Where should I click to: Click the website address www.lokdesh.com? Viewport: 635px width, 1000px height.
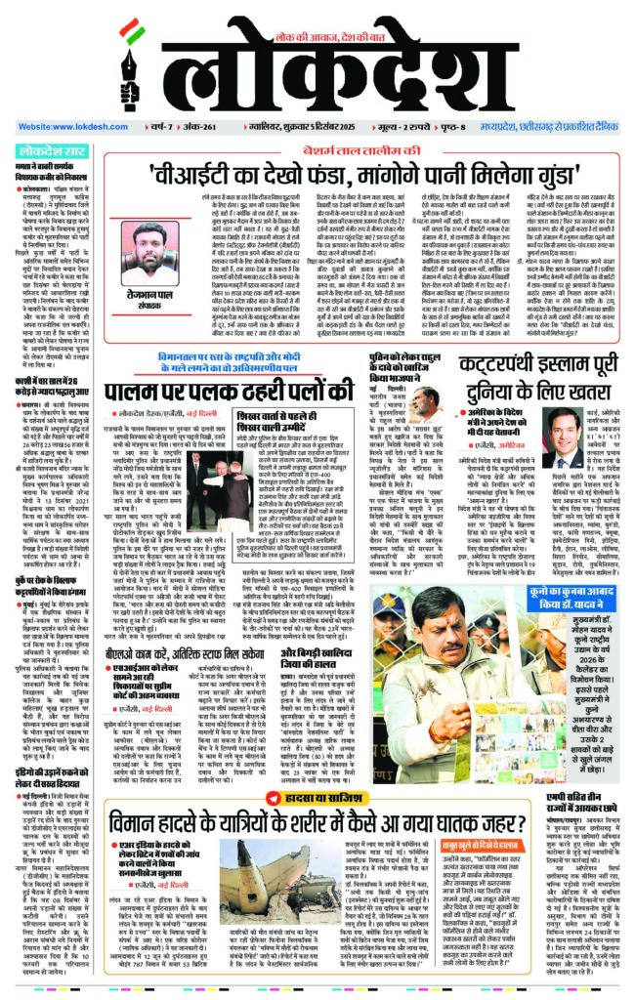point(69,127)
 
